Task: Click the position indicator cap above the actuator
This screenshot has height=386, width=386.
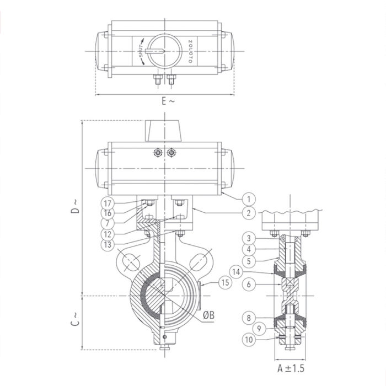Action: [x=164, y=131]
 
